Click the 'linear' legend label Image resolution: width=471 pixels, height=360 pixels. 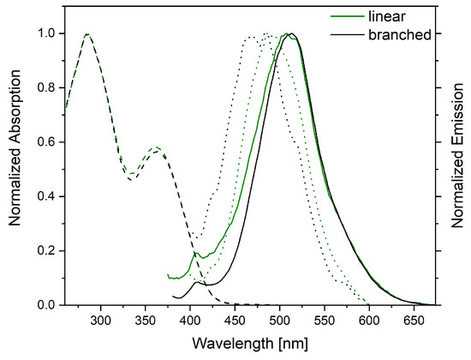[x=386, y=16]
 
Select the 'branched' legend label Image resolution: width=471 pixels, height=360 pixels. [x=400, y=34]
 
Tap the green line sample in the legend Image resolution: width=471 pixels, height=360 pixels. [x=347, y=16]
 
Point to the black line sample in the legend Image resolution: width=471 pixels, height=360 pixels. [x=347, y=35]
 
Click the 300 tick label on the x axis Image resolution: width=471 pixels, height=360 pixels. [x=100, y=321]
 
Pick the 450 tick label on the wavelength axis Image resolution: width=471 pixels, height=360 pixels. [x=235, y=321]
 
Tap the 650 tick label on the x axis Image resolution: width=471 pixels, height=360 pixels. [x=414, y=321]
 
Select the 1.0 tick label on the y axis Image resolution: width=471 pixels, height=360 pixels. [x=47, y=33]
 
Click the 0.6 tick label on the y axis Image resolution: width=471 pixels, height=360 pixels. [x=47, y=142]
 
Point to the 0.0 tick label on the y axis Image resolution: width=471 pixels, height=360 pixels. [x=47, y=305]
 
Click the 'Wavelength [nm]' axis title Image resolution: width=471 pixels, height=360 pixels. [x=250, y=344]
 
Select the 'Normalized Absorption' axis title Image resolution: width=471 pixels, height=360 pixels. [x=15, y=147]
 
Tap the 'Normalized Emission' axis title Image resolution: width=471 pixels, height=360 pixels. [x=457, y=155]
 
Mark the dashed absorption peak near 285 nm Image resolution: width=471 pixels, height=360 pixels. [x=86, y=34]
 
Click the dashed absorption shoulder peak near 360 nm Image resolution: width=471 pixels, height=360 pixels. [x=156, y=147]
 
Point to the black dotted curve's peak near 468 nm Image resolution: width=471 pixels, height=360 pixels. [x=252, y=37]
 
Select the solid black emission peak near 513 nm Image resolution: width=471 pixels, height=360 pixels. [x=291, y=33]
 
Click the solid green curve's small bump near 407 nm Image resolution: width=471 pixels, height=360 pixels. [x=196, y=253]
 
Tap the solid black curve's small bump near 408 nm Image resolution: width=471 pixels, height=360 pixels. [x=197, y=282]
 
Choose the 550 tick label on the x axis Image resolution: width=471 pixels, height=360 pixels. [x=325, y=321]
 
